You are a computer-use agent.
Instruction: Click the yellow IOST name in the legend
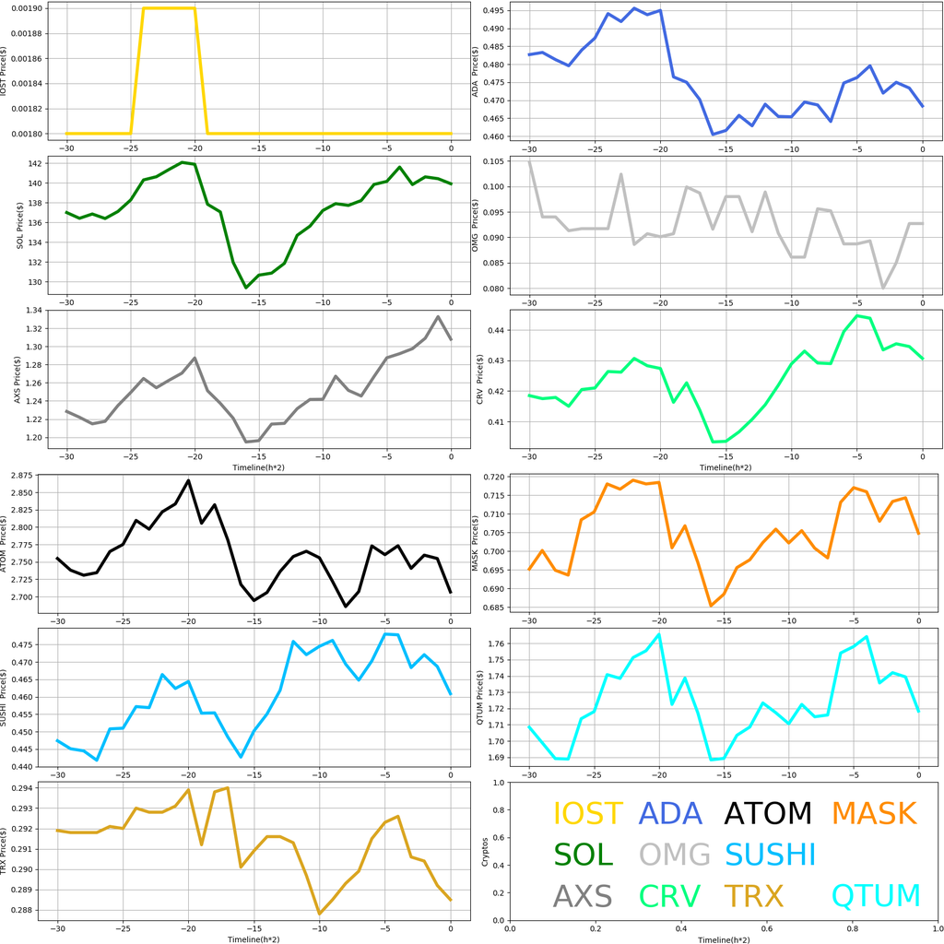click(587, 813)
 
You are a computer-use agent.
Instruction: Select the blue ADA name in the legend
click(670, 813)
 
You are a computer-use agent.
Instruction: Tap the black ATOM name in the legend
click(767, 813)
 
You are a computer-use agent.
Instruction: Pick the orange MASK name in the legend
click(874, 813)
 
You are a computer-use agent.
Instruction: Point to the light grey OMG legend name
click(675, 855)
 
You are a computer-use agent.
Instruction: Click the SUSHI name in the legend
click(770, 855)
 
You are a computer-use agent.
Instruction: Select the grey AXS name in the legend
click(583, 895)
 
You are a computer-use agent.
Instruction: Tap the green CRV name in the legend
click(670, 895)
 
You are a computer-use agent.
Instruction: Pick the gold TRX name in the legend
click(753, 895)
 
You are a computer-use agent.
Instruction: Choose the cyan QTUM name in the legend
click(876, 895)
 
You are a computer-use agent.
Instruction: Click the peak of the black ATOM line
click(188, 480)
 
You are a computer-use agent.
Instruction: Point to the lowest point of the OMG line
click(883, 288)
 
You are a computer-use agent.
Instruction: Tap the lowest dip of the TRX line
click(320, 914)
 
